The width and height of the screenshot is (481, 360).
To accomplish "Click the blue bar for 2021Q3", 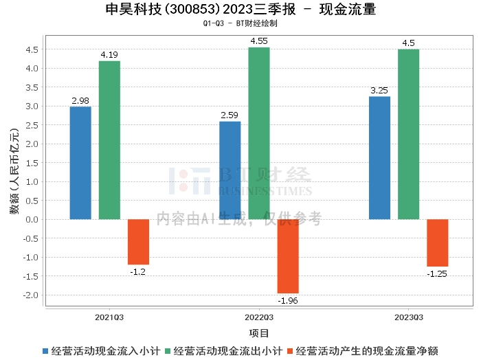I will (x=80, y=163).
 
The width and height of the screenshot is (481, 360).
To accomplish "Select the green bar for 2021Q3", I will (x=109, y=140).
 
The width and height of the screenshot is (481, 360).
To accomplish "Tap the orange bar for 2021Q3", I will (x=138, y=242).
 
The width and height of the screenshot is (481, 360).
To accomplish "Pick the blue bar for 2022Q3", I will (x=230, y=170).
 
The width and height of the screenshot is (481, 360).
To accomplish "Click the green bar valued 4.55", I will (x=259, y=133).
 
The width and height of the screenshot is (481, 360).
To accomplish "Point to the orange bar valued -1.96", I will (x=288, y=256).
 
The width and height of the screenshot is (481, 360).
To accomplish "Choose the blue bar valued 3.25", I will (x=379, y=158).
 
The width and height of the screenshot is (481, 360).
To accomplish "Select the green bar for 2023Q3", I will (x=408, y=134).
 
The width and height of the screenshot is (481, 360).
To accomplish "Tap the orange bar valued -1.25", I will (x=437, y=243).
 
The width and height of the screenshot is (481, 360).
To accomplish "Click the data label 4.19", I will (x=109, y=55).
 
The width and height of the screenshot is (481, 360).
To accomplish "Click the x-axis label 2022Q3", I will (x=259, y=317).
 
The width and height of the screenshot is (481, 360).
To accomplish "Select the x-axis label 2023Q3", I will (x=408, y=317).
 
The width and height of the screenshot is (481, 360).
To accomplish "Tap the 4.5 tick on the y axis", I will (x=32, y=49).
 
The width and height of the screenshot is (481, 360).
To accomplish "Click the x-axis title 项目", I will (x=259, y=333).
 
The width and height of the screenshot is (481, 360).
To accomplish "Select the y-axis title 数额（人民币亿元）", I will (x=14, y=172).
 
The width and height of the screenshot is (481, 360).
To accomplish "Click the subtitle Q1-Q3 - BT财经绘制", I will (x=240, y=23).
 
